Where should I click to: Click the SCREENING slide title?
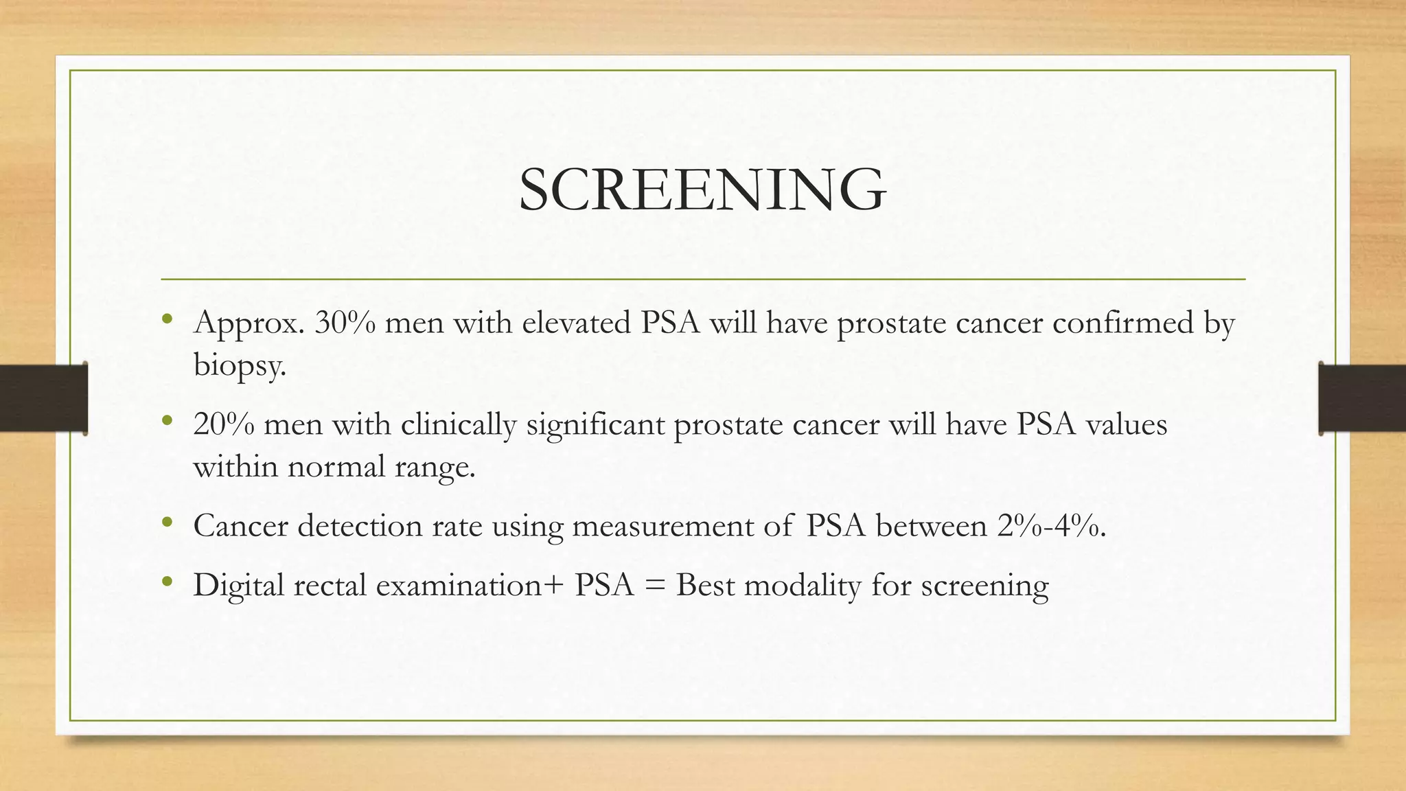point(702,190)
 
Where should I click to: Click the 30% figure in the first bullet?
point(345,323)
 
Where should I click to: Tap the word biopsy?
point(238,365)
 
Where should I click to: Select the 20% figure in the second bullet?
point(224,424)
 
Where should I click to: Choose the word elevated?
point(576,323)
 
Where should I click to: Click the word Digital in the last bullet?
point(238,586)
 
